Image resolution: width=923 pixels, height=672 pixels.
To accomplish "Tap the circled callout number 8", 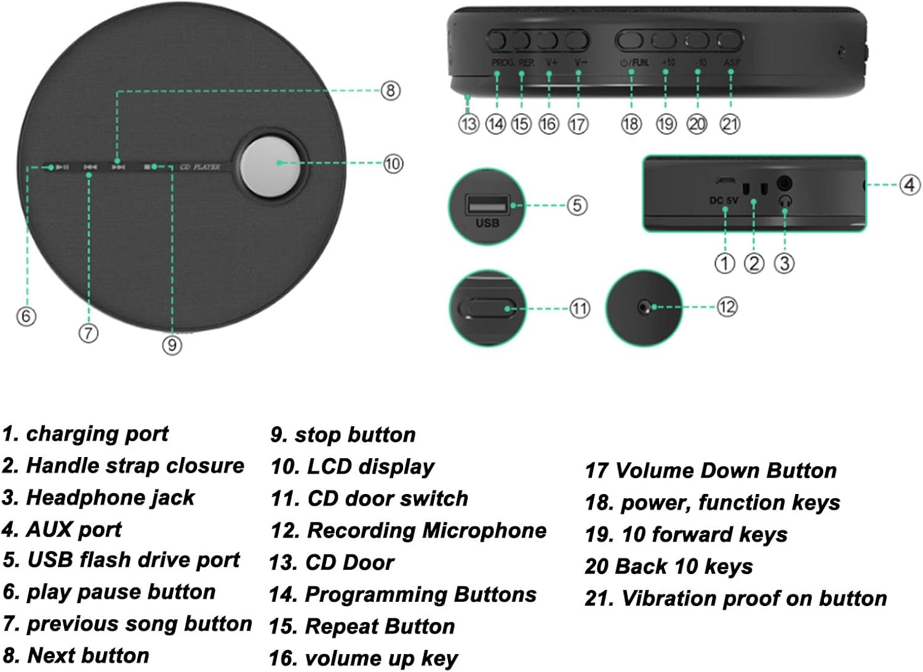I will point(390,91).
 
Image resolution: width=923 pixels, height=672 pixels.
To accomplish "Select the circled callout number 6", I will point(26,316).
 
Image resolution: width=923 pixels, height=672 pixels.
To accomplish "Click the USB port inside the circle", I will point(487,204).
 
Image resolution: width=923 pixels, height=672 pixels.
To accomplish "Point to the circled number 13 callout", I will point(468,124).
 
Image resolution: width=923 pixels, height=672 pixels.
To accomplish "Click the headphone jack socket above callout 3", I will point(784,184).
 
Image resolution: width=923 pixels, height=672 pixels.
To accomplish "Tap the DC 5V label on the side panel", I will point(724,200).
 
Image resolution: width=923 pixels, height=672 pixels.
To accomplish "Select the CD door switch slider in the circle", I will point(489,308).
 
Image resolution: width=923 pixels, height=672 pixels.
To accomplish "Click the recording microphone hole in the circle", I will point(644,307).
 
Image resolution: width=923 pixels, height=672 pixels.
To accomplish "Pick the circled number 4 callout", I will point(909,184).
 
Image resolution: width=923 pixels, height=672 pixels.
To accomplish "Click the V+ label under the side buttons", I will point(551,63).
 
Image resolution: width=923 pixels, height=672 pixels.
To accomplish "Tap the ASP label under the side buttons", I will point(732,63).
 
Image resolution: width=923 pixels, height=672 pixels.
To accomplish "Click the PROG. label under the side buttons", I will point(503,63).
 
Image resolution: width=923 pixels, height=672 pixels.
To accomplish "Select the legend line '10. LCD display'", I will point(352,467).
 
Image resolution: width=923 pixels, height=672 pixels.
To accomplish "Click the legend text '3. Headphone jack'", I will point(98,498).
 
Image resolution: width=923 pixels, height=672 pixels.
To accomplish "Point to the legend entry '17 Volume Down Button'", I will point(710,471).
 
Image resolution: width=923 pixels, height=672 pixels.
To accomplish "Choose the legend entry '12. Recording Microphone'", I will point(408,531).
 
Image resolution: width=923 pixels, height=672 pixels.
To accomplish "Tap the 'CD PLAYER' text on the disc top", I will point(199,167).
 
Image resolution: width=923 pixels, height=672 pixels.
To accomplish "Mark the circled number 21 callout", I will point(730,124).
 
